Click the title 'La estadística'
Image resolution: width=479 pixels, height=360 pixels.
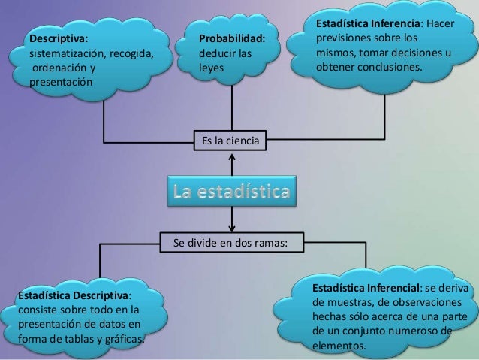[232, 192]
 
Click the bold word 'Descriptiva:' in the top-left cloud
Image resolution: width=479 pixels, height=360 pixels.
[58, 38]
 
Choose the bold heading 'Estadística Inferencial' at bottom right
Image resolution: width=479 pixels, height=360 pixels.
[366, 288]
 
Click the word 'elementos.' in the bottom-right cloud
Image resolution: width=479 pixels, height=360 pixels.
[339, 346]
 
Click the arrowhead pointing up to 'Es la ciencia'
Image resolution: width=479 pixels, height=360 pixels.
[233, 158]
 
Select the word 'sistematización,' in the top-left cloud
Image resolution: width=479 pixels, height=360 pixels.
[67, 53]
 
